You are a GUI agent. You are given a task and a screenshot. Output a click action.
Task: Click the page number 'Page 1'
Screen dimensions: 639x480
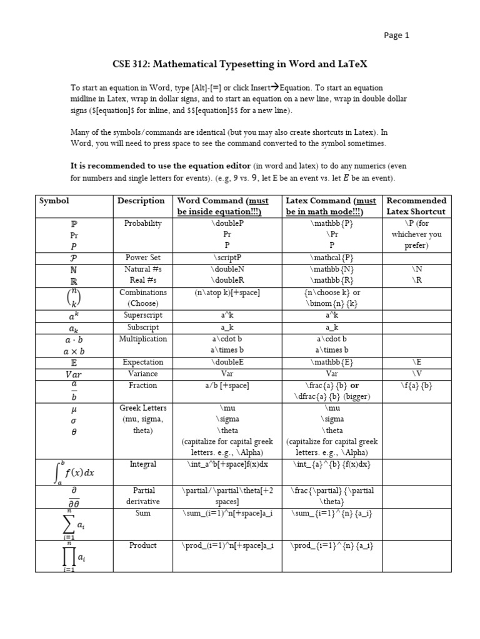(396, 36)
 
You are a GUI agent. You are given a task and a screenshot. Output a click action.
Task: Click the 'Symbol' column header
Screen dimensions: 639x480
(54, 201)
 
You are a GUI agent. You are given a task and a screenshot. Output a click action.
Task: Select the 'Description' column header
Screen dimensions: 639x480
(141, 201)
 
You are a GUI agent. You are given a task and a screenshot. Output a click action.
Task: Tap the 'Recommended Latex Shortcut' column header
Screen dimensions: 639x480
(416, 206)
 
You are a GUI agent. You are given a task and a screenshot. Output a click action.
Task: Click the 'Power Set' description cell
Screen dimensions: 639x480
(142, 257)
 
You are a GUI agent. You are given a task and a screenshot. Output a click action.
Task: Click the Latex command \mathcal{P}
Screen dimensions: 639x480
(331, 257)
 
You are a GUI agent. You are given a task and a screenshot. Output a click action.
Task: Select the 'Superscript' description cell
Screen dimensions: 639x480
(142, 315)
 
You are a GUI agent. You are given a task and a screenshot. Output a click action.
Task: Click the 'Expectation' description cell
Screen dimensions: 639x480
(142, 362)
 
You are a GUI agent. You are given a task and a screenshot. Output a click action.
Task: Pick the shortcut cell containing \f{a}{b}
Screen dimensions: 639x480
(416, 386)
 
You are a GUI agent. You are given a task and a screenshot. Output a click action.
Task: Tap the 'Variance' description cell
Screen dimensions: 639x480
(142, 374)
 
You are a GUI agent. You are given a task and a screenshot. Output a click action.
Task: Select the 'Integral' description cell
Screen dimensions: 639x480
(142, 464)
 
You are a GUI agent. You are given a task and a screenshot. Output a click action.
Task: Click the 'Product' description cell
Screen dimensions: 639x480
(142, 545)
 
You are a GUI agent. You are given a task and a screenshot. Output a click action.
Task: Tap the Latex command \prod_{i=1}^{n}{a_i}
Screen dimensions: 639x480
(331, 545)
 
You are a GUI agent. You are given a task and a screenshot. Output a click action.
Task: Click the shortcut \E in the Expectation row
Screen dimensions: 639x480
(416, 362)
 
